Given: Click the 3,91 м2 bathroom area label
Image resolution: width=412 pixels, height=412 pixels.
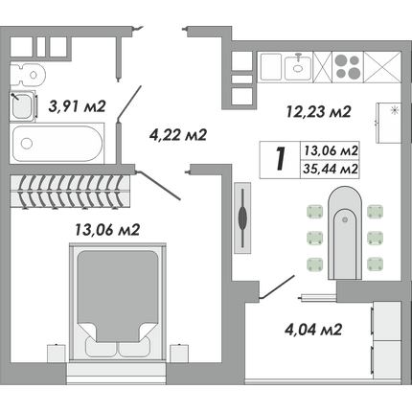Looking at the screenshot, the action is pos(77,106).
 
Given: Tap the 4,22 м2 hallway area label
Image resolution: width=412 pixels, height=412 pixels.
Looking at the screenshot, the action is pos(178,135).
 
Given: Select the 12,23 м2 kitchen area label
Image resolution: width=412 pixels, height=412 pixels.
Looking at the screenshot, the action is pos(318,112).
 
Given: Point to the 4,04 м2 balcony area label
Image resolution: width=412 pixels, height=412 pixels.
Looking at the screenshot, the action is pos(313,330).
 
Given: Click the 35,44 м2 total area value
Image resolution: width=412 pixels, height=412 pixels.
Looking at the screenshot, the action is pos(331,169).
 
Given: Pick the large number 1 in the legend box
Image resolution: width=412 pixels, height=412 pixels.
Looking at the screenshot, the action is pos(280,158).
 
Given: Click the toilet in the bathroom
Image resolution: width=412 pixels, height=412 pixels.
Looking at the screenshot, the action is pos(28,76).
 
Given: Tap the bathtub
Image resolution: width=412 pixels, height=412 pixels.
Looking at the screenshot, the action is pos(57,144).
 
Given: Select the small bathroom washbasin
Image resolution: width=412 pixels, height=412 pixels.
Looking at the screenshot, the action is pos(22,105).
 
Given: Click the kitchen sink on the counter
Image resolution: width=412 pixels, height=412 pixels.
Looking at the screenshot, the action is pos(298,67).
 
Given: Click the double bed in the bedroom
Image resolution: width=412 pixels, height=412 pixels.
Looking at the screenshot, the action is pos(118,302).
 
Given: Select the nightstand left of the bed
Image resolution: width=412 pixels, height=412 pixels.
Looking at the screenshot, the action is pos(57,353).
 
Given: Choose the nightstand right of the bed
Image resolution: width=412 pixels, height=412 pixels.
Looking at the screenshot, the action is pos(179,353).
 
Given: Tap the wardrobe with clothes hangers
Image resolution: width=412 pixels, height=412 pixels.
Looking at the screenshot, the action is pos(70,192).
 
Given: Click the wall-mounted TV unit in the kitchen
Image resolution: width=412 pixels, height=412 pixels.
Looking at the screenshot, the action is pos(242,218).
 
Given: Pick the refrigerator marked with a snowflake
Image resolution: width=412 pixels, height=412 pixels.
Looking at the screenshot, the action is pos(388,123).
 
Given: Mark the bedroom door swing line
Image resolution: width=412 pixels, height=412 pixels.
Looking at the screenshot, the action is pos(159,186).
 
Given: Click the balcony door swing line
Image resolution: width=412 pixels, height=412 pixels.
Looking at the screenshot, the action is pos(278,286).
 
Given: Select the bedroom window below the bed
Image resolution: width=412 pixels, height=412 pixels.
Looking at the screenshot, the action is pos(117,374).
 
